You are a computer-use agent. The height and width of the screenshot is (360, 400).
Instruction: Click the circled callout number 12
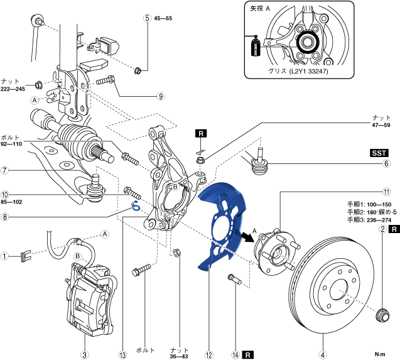coord(208,354)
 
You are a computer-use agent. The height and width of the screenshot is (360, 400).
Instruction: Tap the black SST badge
coord(379,153)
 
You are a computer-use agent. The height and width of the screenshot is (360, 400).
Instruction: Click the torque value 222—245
coord(13,89)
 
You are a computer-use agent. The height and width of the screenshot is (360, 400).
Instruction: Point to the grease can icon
coord(255,46)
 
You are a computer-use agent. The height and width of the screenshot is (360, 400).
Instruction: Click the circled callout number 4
coord(323,354)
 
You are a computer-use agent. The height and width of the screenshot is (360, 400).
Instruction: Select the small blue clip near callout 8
coord(136,206)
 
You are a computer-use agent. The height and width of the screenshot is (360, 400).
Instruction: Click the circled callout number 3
coord(84,354)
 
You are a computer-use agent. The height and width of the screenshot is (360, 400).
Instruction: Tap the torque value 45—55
coord(163,18)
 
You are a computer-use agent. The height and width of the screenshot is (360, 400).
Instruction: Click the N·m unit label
coord(380,354)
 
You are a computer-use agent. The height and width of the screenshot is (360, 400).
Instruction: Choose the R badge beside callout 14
coord(247,354)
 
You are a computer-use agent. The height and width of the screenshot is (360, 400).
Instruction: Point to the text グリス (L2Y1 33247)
coord(298,71)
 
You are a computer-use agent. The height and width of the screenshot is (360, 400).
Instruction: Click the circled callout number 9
coord(161,96)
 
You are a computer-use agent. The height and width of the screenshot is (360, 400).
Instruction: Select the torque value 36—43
coord(179,356)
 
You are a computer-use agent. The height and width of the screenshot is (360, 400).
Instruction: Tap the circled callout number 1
coord(4,256)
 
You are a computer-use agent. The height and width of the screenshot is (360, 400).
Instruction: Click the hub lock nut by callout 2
coord(382,315)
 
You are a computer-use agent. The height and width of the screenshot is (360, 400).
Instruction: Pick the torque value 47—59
coord(381,125)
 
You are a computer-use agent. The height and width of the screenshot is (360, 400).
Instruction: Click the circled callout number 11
coord(387,192)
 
